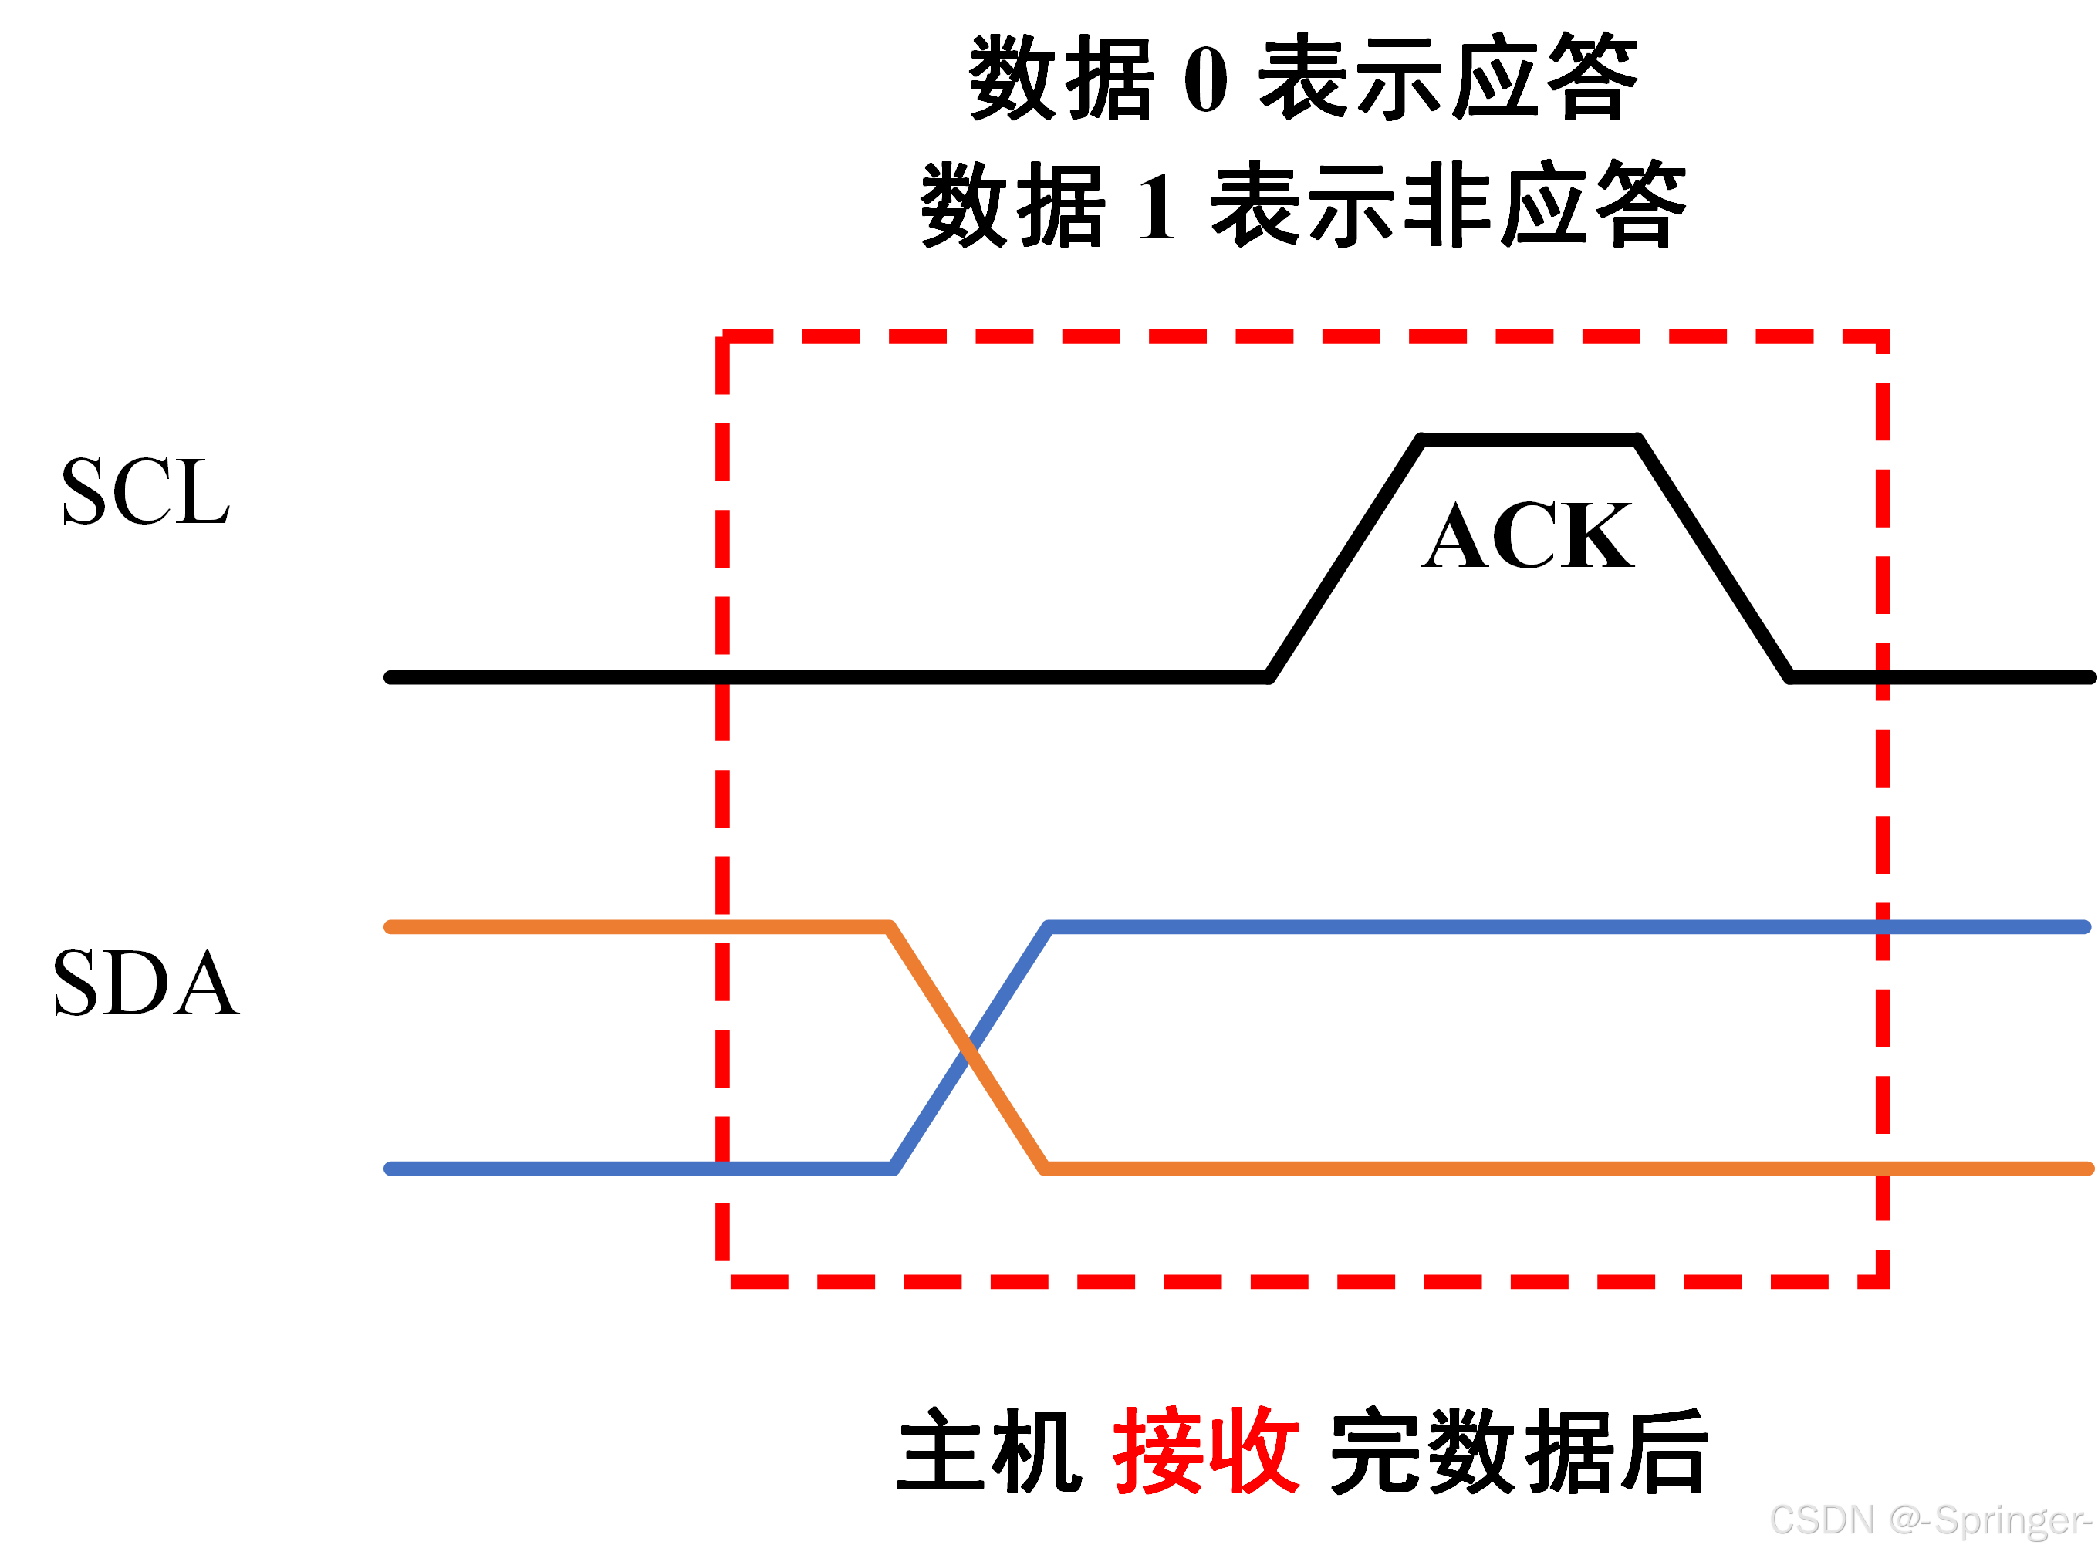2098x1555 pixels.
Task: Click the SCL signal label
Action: pyautogui.click(x=145, y=491)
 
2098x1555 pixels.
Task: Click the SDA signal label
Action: pyautogui.click(x=146, y=983)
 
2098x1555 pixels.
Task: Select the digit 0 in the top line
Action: pyautogui.click(x=1205, y=79)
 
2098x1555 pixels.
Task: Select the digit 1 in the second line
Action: pyautogui.click(x=1157, y=206)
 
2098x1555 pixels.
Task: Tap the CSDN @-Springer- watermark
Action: pyautogui.click(x=1931, y=1520)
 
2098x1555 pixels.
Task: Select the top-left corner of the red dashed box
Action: pyautogui.click(x=722, y=336)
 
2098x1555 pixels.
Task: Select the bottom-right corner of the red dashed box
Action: pyautogui.click(x=1883, y=1281)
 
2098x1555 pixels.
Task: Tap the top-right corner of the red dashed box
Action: pyautogui.click(x=1883, y=336)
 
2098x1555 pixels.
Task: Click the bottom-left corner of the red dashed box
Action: pyautogui.click(x=722, y=1281)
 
